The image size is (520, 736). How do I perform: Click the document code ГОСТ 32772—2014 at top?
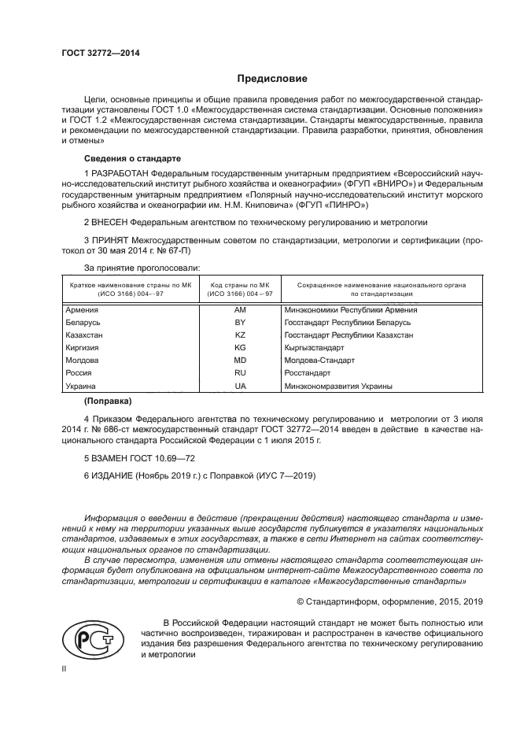point(95,54)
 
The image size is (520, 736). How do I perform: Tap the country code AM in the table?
point(240,310)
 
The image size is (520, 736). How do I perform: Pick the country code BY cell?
point(240,323)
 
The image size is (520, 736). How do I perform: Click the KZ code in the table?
point(240,335)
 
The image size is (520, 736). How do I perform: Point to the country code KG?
point(240,348)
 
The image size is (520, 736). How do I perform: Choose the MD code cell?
point(240,361)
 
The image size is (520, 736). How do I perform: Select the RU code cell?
point(240,373)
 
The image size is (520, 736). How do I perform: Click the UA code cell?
point(240,386)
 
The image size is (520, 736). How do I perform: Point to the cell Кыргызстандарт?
point(315,348)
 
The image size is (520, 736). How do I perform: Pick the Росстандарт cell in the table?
point(308,373)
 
